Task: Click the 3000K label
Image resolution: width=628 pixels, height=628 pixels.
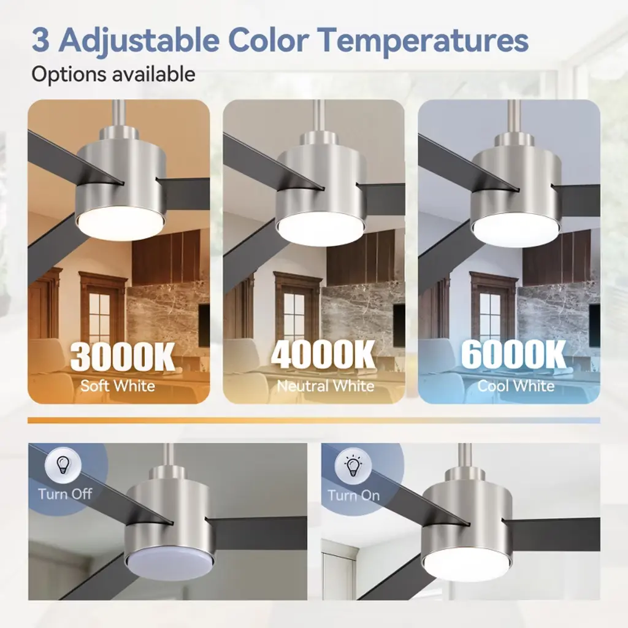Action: click(123, 356)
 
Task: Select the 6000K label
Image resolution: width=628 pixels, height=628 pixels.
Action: click(514, 354)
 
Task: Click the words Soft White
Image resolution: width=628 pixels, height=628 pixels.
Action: click(118, 386)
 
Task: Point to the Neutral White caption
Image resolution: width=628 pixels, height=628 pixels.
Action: click(326, 386)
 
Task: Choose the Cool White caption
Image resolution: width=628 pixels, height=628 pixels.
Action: click(516, 386)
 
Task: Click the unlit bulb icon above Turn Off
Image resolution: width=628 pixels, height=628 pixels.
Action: click(63, 465)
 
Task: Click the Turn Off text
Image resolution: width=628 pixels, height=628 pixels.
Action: click(65, 494)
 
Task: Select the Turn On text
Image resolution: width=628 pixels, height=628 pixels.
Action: click(354, 496)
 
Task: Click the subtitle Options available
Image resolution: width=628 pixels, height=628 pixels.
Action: click(113, 74)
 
